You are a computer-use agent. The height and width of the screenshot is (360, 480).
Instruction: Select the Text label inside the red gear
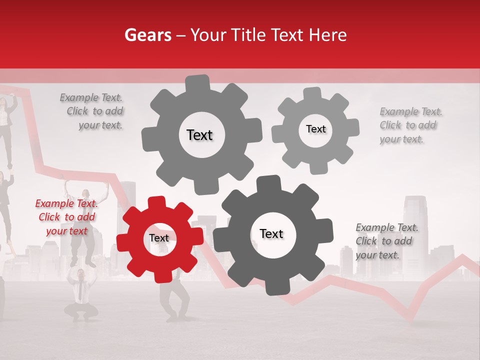point(159,238)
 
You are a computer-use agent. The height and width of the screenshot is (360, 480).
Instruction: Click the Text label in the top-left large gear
point(199,135)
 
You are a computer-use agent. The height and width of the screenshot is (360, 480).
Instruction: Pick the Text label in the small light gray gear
point(315,129)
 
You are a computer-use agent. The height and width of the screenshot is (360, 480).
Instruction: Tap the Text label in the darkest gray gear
point(271,234)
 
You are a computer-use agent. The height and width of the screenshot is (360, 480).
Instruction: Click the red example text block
point(66,217)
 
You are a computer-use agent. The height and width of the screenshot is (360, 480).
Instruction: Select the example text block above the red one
point(93,111)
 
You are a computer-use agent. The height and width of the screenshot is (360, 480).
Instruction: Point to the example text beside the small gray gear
point(410,125)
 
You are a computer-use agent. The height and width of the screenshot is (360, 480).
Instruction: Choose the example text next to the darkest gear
point(386,241)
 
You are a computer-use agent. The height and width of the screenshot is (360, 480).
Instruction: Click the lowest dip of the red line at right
point(410,319)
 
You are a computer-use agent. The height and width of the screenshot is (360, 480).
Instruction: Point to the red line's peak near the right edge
point(462,256)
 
